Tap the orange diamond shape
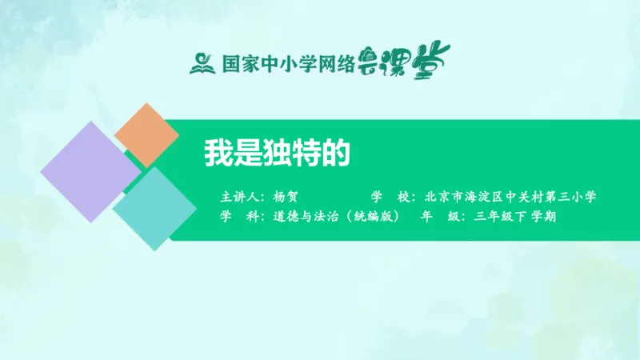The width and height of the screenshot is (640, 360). [x=146, y=134]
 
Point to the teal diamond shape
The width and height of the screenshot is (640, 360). [x=154, y=207]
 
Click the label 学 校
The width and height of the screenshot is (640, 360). [x=390, y=196]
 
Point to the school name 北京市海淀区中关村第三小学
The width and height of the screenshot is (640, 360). [x=511, y=196]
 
